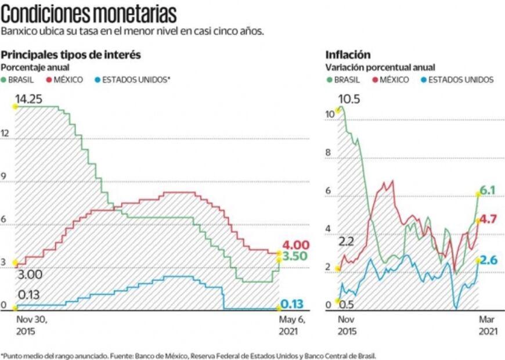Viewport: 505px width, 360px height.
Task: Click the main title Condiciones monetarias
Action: pos(89,13)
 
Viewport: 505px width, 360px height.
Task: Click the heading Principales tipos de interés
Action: pos(71,55)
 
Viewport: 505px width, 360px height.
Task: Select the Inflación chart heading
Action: pos(348,55)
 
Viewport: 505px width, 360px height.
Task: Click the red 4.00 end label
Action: pos(295,244)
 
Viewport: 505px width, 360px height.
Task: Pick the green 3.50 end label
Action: pos(295,256)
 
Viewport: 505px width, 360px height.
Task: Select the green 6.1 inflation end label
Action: pos(488,190)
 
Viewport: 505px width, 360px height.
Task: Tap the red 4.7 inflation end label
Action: pos(488,219)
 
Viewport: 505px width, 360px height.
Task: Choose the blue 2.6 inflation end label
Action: pos(488,260)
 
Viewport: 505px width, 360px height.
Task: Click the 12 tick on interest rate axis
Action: pos(5,134)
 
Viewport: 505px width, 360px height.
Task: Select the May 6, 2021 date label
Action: pos(287,325)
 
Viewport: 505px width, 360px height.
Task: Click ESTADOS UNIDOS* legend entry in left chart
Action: pos(136,80)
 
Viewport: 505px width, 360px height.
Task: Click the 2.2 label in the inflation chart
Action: pos(347,242)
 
